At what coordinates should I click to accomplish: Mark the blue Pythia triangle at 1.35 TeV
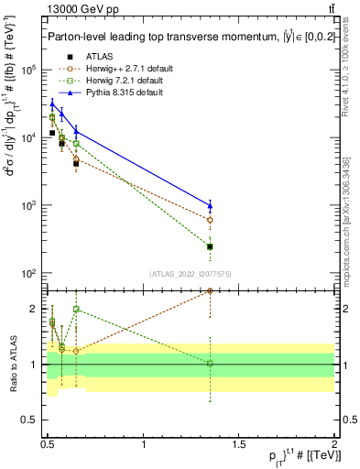pos(210,205)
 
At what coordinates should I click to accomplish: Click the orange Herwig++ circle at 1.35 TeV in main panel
pos(210,220)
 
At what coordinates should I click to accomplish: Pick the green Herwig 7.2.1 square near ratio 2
pos(76,310)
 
